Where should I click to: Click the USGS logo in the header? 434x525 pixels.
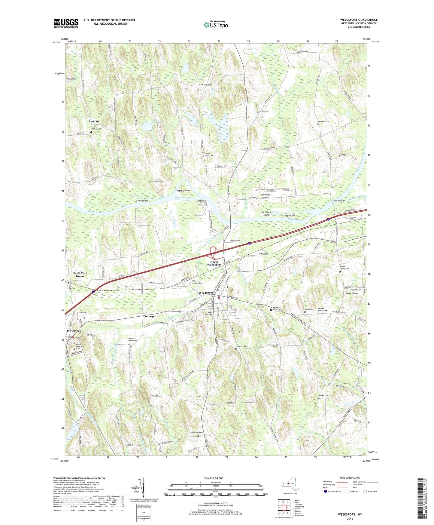point(66,23)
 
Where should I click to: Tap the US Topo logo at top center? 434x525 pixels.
point(216,24)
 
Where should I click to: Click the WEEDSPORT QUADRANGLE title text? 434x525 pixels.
point(359,20)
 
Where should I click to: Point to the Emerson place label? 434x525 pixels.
point(94,121)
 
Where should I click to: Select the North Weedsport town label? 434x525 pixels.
point(214,263)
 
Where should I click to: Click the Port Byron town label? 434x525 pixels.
point(74,331)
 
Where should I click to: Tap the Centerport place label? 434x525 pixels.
point(150,316)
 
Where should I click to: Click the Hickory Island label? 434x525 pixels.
point(184,191)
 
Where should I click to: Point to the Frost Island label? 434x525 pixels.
point(142,201)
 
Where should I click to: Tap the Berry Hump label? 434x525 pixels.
point(351,293)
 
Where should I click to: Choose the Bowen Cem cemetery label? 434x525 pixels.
point(323,395)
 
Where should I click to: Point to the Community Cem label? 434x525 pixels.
point(196,432)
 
